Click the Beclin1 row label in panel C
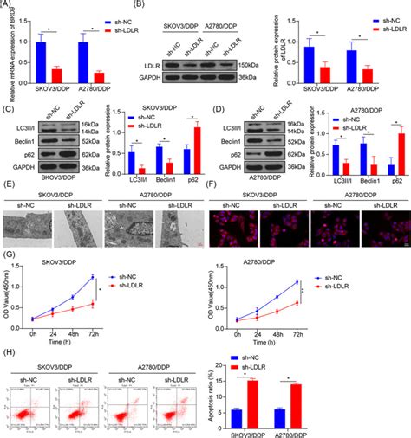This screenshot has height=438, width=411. point(24,138)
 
